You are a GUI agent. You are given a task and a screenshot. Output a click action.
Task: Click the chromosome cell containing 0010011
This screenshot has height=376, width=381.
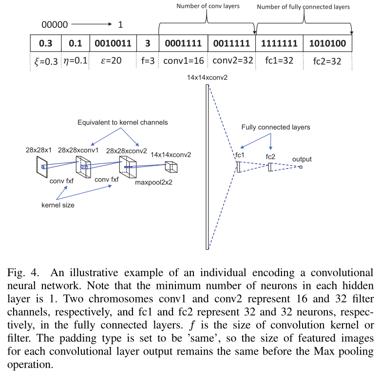(113, 43)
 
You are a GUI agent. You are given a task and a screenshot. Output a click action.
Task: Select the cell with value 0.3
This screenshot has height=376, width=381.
(45, 43)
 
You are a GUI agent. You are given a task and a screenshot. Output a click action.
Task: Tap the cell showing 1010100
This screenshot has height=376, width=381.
(327, 43)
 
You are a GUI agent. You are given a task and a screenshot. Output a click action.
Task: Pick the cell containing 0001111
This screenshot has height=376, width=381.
(183, 43)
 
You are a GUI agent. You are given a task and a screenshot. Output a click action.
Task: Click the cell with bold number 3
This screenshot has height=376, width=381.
(148, 43)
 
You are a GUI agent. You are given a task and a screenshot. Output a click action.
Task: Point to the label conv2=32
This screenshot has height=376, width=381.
(231, 62)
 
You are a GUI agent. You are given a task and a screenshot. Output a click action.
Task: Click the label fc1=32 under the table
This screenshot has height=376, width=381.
(279, 62)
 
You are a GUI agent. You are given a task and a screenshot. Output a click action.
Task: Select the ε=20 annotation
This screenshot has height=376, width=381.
(113, 62)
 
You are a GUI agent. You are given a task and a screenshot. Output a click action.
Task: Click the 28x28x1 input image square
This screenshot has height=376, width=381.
(38, 168)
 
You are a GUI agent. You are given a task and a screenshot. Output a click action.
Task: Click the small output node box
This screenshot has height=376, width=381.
(301, 167)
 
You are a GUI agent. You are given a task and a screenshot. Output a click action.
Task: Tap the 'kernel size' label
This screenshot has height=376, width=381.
(57, 205)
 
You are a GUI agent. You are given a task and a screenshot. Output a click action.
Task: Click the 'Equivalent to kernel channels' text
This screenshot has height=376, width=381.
(122, 123)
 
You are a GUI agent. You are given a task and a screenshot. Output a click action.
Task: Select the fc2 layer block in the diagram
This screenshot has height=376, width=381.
(270, 167)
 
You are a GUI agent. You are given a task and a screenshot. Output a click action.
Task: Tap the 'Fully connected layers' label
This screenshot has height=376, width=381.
(276, 127)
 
